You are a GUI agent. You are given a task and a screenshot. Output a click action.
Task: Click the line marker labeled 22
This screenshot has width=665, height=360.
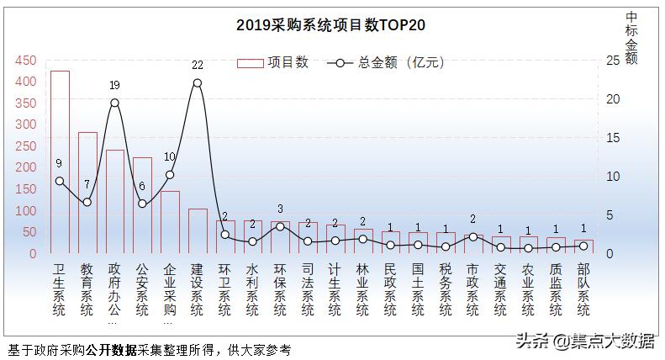pos(197,82)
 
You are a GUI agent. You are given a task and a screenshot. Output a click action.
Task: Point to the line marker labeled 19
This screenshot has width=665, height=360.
pos(114,103)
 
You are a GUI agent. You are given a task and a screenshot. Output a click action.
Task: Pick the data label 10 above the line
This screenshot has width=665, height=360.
pos(170,156)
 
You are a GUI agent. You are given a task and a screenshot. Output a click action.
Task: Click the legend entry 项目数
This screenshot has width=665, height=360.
pos(273,62)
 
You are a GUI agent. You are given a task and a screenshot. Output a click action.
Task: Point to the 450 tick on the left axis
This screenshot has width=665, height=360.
pos(26,61)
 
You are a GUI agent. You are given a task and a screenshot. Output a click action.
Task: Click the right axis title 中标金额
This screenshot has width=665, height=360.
pos(632,38)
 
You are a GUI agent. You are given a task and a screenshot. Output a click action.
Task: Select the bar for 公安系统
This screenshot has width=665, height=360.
pos(142,204)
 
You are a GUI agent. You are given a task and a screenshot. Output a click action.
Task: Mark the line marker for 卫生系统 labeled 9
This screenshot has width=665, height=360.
pos(60,181)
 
